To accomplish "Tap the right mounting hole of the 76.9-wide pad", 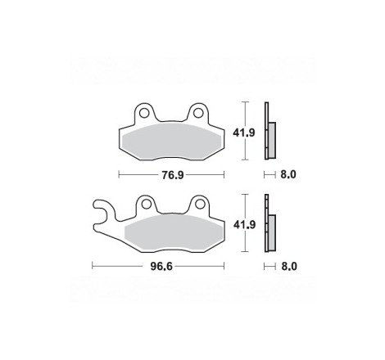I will click(x=198, y=113).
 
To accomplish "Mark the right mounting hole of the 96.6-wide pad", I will click(x=198, y=205).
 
